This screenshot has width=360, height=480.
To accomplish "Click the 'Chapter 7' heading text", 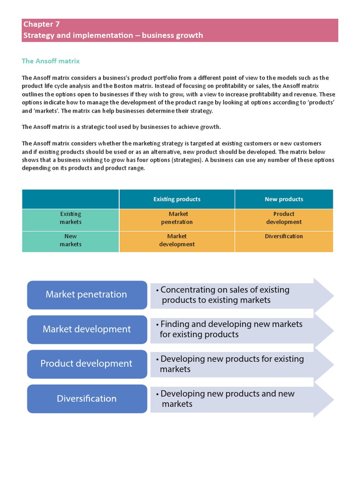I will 41,24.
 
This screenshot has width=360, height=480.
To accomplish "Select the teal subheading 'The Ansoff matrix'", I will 51,61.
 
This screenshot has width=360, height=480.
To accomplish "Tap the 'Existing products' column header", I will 177,199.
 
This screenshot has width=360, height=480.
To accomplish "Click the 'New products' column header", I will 284,199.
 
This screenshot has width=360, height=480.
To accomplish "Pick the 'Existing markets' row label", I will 70,218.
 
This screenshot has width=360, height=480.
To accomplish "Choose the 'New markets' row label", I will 70,240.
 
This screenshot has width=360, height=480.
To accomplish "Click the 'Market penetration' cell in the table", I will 177,218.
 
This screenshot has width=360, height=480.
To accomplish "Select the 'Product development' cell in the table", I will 284,218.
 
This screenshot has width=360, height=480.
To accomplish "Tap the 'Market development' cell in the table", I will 177,240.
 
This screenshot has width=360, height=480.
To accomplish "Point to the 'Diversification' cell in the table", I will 284,237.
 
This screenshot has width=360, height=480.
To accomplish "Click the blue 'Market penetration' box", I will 87,294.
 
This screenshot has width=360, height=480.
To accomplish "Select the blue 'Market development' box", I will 87,329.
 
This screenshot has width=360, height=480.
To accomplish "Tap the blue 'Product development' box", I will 87,364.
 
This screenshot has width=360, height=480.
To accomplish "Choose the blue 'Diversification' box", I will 87,398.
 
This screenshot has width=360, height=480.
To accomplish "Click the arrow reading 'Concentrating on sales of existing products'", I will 234,295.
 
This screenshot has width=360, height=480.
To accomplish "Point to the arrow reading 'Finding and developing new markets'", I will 234,330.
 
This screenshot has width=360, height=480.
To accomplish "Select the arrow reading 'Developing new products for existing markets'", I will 234,364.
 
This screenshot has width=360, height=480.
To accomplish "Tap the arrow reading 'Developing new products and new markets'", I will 234,399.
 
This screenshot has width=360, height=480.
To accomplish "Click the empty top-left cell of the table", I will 70,199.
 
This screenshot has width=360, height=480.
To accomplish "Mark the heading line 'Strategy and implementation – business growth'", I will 112,36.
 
